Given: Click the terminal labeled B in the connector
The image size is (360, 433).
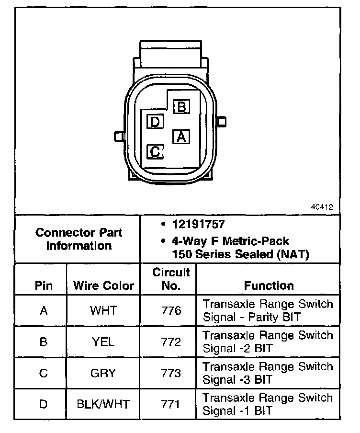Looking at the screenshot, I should pos(181,106).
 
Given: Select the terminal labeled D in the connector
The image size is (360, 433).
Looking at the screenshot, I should pos(155,122).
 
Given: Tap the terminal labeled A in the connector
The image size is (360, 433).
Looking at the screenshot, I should pos(181,137).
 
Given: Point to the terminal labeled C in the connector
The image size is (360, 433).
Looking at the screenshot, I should pos(155,152).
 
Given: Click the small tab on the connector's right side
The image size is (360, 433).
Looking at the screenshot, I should pos(221,122).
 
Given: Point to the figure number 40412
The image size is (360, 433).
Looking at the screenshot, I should pos(322,208).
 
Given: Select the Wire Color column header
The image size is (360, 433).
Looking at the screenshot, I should pos(103,286).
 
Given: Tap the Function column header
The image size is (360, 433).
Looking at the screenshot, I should pos(269,286).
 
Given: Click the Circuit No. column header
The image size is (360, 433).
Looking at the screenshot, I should pos(171,279).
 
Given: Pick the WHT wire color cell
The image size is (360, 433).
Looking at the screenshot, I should pos(103,310).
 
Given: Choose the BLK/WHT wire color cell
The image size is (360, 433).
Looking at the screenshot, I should pos(103,404).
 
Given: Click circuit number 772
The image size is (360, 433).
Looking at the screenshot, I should pos(171,342).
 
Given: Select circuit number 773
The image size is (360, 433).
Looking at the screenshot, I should pos(171,373).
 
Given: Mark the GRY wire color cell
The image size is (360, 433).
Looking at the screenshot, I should pos(103,373).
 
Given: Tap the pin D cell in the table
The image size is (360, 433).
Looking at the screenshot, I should pos(44,404).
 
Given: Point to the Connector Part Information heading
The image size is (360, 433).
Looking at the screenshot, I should pos(79,239).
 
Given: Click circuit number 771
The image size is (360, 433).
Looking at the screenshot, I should pos(171,404).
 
